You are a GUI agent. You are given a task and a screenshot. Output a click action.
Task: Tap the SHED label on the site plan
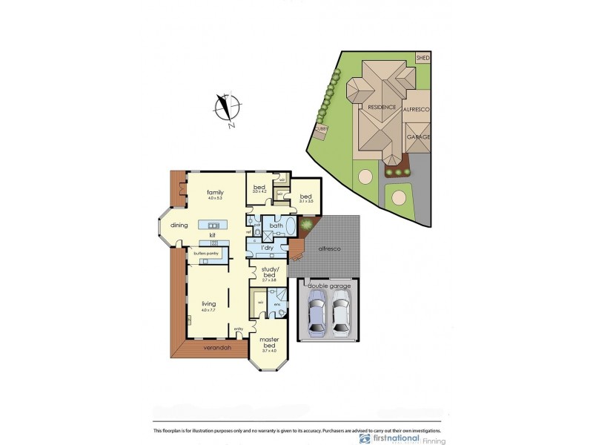[x=423, y=58]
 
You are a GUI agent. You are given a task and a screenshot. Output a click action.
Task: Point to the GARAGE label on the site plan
[x=418, y=137]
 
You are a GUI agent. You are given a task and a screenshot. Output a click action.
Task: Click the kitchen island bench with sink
[x=213, y=225]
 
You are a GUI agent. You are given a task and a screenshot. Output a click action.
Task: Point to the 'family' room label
[x=215, y=193]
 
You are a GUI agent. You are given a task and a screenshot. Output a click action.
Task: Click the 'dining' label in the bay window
[x=179, y=225]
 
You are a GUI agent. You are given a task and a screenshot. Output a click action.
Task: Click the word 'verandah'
[x=208, y=347]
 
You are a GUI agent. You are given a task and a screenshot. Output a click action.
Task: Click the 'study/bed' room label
[x=268, y=272]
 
